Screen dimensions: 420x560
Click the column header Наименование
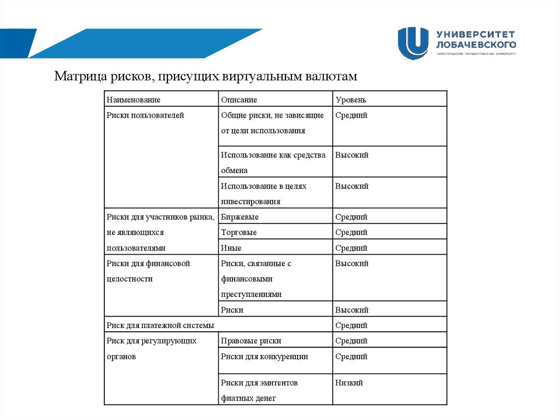pos(133,100)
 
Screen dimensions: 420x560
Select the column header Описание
pos(239,100)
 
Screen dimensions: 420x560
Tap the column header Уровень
pos(351,100)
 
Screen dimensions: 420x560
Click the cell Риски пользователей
pos(145,116)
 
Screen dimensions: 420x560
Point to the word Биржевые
pos(240,217)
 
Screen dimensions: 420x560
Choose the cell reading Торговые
pos(239,232)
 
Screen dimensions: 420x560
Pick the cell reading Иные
pos(231,248)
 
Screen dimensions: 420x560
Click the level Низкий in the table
pos(349,383)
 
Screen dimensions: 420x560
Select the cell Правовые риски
pos(251,341)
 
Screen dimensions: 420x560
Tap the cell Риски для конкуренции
pos(265,356)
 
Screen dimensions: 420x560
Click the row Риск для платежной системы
pos(160,325)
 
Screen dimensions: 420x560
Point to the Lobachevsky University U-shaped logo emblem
pos(413,43)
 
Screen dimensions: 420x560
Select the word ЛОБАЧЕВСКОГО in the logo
pos(476,44)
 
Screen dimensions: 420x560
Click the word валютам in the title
pos(332,76)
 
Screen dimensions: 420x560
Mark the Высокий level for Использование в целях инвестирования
pos(352,186)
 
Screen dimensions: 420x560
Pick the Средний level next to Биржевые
pos(351,217)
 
